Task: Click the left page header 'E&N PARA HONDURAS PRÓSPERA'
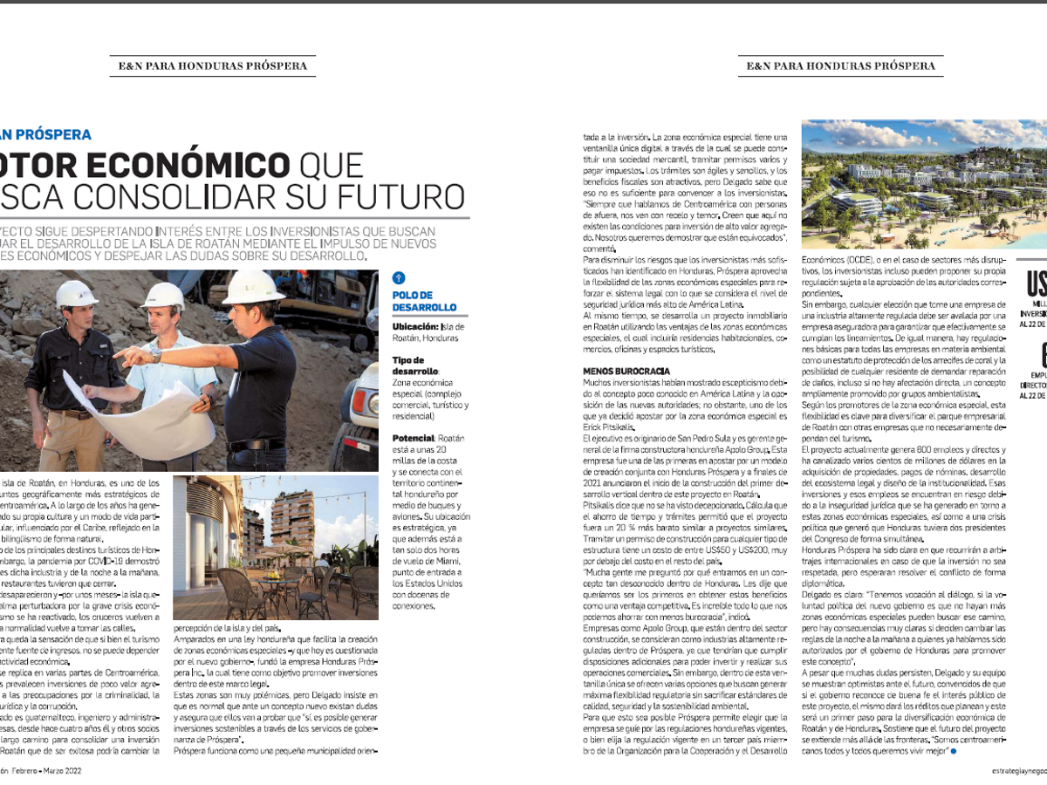[x=213, y=65]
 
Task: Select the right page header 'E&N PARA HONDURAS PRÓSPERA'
[x=841, y=65]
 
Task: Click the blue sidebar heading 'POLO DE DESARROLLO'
[x=424, y=301]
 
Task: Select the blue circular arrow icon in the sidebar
[x=400, y=278]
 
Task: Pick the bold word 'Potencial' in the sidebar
[x=413, y=436]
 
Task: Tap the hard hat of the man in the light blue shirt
[x=163, y=295]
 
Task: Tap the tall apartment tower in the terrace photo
[x=291, y=523]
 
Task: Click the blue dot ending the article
[x=954, y=750]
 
